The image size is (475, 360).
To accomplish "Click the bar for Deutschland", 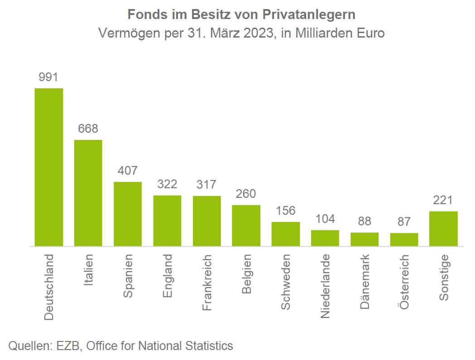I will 49,167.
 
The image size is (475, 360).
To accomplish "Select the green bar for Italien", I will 88,193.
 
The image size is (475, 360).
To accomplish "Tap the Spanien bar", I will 128,214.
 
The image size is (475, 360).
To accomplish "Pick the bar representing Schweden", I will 286,234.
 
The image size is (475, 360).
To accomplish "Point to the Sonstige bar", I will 443,229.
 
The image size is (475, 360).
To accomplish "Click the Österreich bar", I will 404,240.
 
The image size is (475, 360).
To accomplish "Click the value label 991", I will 49,77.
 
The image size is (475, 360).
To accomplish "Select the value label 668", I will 88,129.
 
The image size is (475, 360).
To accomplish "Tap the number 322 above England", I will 167,184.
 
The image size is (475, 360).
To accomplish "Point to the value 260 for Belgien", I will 246,194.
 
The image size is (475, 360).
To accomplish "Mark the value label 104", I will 325,219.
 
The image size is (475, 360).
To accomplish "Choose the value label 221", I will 443,200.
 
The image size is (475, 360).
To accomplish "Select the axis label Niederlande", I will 325,286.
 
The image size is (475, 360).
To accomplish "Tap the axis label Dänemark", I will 365,282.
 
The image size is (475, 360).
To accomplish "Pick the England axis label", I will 168,275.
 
